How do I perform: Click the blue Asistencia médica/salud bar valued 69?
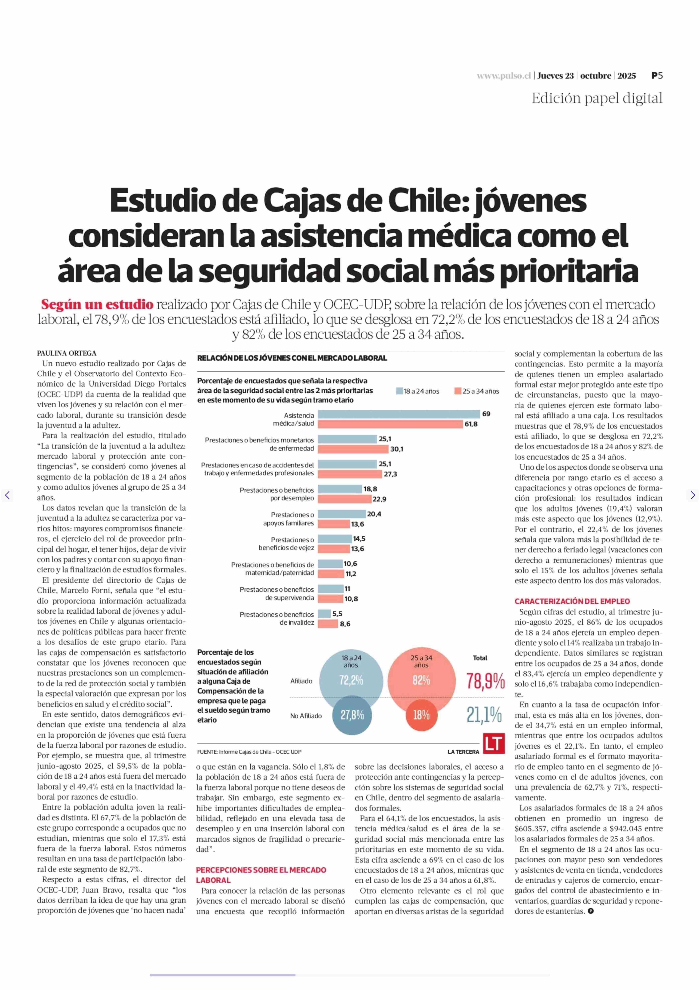pos(399,414)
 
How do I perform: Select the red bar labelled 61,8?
pos(390,424)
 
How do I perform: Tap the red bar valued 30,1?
pos(353,449)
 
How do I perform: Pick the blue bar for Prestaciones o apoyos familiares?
pos(341,514)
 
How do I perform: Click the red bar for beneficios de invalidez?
pos(328,624)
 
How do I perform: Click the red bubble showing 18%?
pos(421,715)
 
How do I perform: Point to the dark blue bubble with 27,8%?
pos(352,715)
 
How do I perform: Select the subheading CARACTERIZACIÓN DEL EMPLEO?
pos(572,601)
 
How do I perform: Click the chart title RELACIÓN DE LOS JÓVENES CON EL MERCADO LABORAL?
pos(292,358)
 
